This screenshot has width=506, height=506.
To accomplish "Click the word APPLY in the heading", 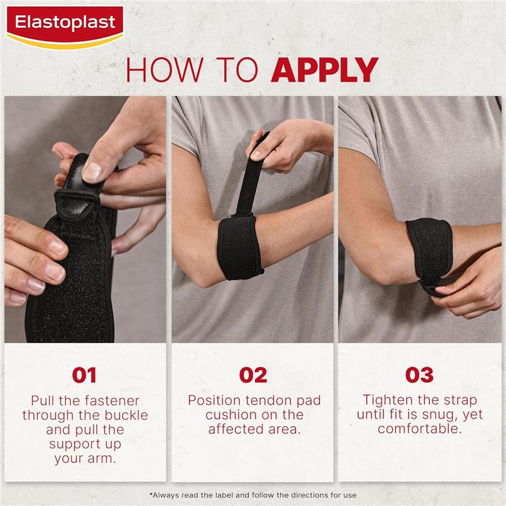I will tap(324, 70).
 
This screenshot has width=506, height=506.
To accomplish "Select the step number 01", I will tap(84, 374).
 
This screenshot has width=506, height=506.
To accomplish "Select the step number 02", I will tap(253, 374).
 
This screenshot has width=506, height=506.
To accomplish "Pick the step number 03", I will tap(419, 374).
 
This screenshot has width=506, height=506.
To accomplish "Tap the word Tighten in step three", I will tap(388, 400).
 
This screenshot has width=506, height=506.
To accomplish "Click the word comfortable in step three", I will tap(419, 429).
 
